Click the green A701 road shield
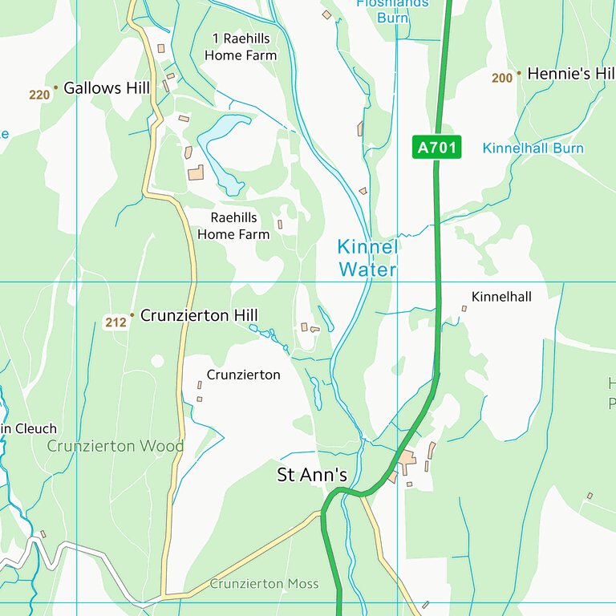pyautogui.click(x=437, y=148)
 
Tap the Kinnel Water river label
pyautogui.click(x=367, y=258)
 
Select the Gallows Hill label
pyautogui.click(x=107, y=88)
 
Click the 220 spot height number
pyautogui.click(x=39, y=95)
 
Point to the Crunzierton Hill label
pyautogui.click(x=199, y=316)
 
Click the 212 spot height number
pyautogui.click(x=115, y=323)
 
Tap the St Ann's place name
pyautogui.click(x=312, y=475)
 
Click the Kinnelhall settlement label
pyautogui.click(x=501, y=297)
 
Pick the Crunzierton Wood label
pyautogui.click(x=115, y=446)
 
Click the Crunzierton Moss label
pyautogui.click(x=264, y=584)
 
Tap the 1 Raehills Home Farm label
pyautogui.click(x=241, y=47)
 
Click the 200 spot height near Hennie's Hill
pyautogui.click(x=502, y=78)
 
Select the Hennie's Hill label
pyautogui.click(x=570, y=74)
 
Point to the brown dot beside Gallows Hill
pyautogui.click(x=55, y=87)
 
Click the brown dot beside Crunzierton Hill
pyautogui.click(x=132, y=315)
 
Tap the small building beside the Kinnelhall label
pyautogui.click(x=464, y=308)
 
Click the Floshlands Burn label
pyautogui.click(x=393, y=8)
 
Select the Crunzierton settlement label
pyautogui.click(x=243, y=375)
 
